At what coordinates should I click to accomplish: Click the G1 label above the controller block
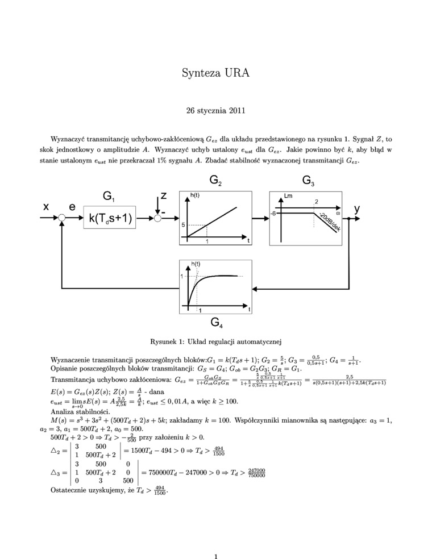(x=109, y=196)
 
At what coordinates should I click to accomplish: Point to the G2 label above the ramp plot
(x=215, y=181)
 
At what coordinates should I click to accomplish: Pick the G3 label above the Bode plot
(x=309, y=181)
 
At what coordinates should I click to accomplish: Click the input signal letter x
(x=46, y=208)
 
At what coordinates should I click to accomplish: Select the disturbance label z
(x=163, y=195)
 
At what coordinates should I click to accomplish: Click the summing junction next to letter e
(x=61, y=218)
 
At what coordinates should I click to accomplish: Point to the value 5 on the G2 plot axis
(x=183, y=226)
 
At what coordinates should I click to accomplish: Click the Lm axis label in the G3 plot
(x=288, y=196)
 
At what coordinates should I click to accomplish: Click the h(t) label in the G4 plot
(x=196, y=264)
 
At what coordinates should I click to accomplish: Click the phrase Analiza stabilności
(x=77, y=411)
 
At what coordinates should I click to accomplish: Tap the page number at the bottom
(x=216, y=541)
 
